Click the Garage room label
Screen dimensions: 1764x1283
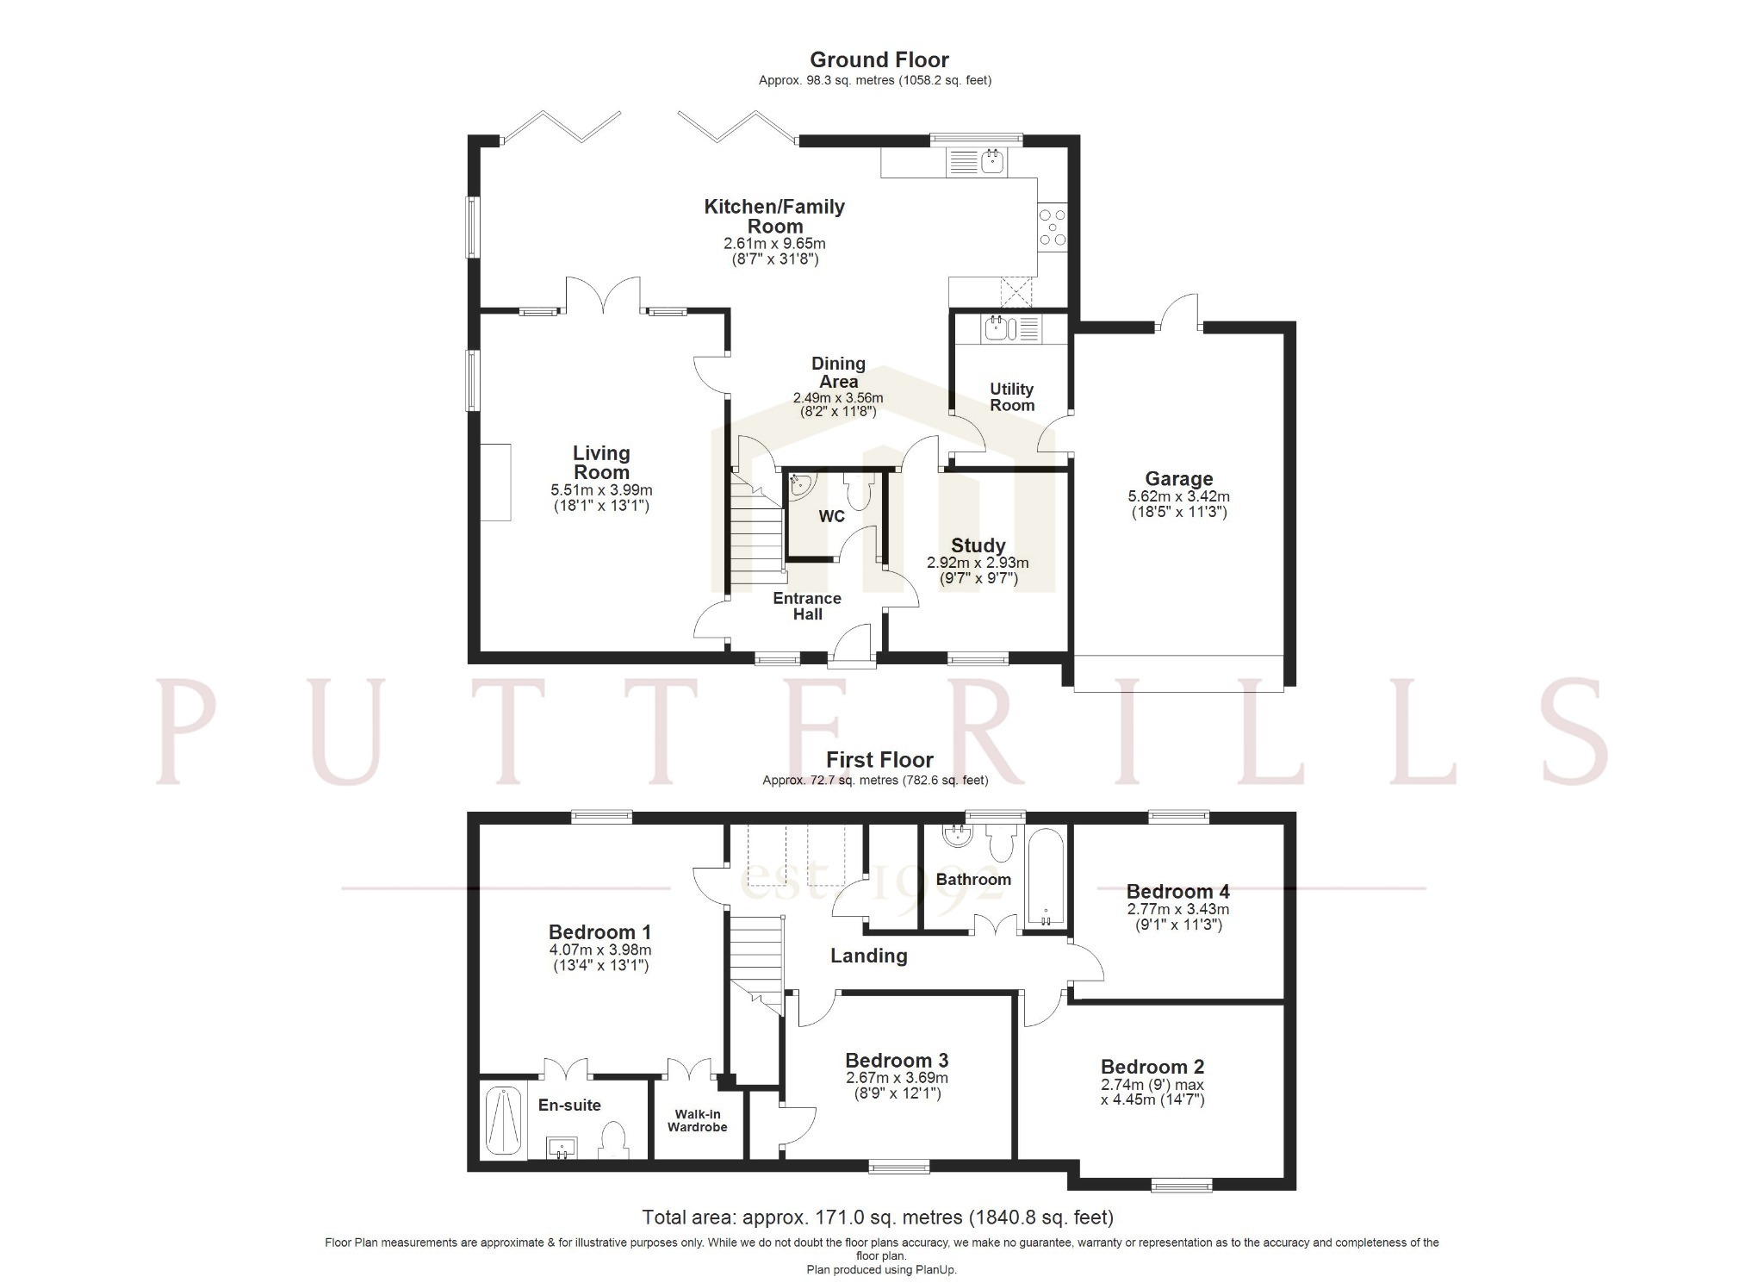1178,479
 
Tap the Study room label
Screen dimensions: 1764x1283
978,545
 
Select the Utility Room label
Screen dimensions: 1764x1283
1011,397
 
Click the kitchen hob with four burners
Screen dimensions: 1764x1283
1053,227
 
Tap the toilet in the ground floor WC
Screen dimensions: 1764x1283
859,490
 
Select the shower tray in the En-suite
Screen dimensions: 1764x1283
502,1122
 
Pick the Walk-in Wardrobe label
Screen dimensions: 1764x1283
698,1121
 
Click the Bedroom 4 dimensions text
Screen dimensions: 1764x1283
1177,917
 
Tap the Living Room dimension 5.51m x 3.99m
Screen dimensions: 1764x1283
601,490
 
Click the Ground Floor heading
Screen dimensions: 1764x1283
879,59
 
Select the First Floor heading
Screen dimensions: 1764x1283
879,760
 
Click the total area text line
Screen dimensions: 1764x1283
878,1218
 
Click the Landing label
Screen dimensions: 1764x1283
868,956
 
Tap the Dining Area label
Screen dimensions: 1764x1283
838,372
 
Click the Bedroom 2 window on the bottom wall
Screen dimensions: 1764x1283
1182,1186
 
